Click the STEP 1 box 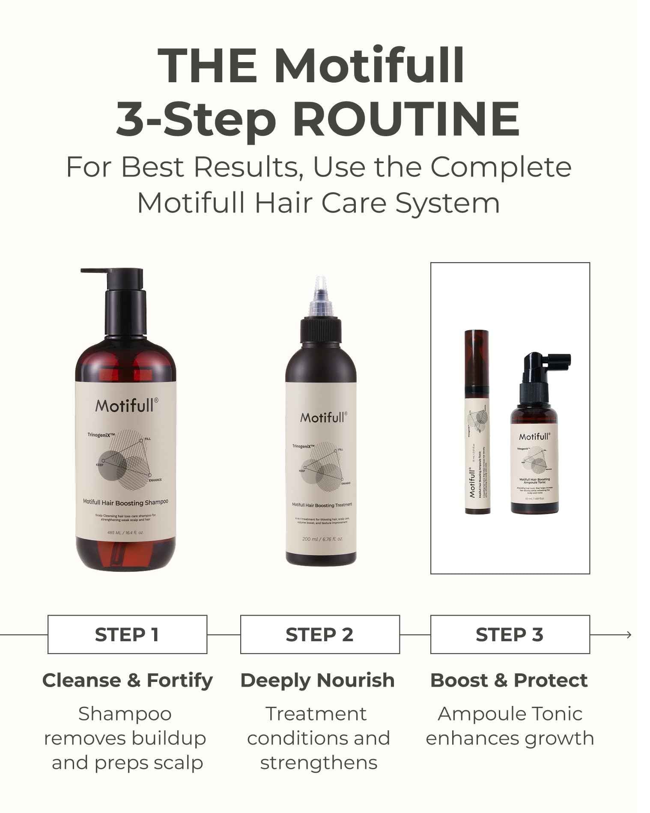127,634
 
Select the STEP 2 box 320,634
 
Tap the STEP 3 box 510,634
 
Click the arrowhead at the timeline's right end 629,635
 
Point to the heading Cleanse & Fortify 127,680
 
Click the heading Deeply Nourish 317,680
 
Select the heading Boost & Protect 509,680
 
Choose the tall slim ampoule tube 477,422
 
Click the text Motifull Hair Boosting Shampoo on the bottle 125,502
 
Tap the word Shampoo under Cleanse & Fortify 125,714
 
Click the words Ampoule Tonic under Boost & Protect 510,714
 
